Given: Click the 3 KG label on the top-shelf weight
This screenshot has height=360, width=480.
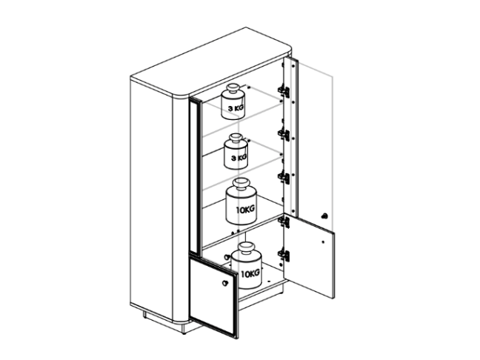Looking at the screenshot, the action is pyautogui.click(x=236, y=107).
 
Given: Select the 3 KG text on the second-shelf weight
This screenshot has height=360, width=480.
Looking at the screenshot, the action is pyautogui.click(x=239, y=158).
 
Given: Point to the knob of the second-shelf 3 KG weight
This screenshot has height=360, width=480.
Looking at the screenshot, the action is pyautogui.click(x=236, y=139).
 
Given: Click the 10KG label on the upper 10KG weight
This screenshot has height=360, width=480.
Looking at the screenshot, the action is pyautogui.click(x=245, y=210).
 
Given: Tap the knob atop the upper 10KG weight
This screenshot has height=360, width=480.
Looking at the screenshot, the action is pyautogui.click(x=241, y=185).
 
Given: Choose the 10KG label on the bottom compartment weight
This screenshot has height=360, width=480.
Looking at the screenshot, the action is pyautogui.click(x=250, y=273).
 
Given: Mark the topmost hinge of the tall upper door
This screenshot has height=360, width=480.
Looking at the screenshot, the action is pyautogui.click(x=284, y=92).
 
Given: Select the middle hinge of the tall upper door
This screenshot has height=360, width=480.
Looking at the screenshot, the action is pyautogui.click(x=284, y=135).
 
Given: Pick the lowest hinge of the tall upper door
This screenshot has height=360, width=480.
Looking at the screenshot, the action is pyautogui.click(x=284, y=179).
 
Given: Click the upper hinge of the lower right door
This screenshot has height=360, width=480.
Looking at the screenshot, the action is pyautogui.click(x=284, y=221).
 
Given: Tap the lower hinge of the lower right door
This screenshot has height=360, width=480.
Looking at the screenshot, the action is pyautogui.click(x=284, y=256).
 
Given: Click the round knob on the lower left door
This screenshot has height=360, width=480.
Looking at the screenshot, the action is pyautogui.click(x=225, y=283).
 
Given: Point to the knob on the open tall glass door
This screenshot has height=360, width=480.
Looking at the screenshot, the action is pyautogui.click(x=324, y=216).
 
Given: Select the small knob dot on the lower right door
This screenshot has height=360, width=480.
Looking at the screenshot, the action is pyautogui.click(x=323, y=241).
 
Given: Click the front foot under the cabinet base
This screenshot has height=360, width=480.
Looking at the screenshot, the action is pyautogui.click(x=184, y=329).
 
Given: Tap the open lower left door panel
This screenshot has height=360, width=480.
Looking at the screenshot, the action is pyautogui.click(x=213, y=296).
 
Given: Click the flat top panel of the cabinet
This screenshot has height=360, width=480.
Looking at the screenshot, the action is pyautogui.click(x=211, y=61).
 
